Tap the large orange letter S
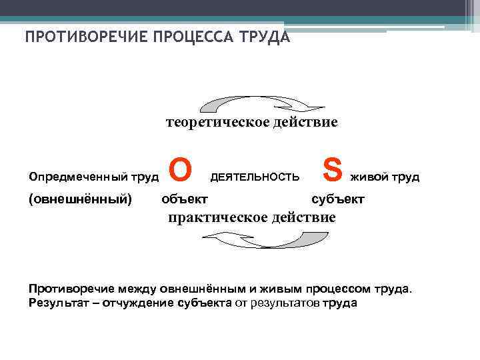tap(335, 170)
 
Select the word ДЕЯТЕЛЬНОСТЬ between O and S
tap(255, 177)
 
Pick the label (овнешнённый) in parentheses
tap(80, 199)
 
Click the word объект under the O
tap(185, 199)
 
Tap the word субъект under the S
tap(338, 199)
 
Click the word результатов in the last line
tap(284, 303)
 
